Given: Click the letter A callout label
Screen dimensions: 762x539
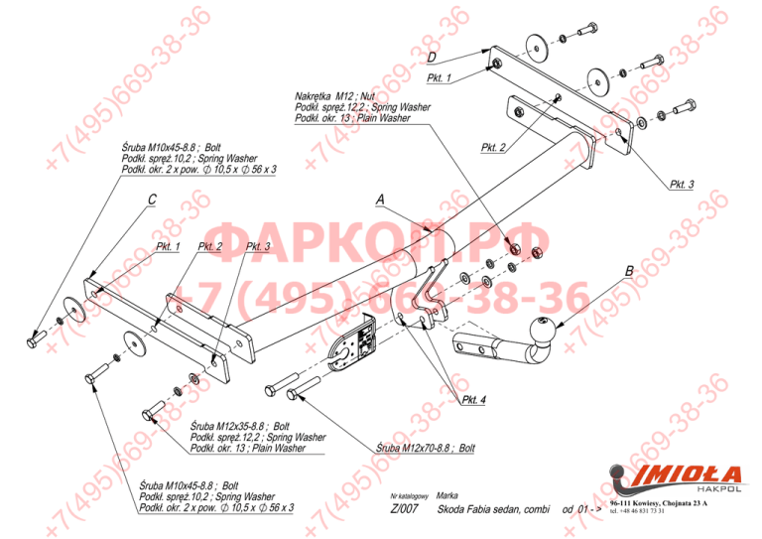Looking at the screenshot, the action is (380, 200).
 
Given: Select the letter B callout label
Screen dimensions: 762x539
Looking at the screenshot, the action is (628, 269).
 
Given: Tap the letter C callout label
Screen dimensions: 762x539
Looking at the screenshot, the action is (151, 200).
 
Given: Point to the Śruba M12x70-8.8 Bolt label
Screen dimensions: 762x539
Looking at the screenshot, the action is (427, 449).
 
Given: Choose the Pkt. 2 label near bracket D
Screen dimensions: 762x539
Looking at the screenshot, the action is (494, 147).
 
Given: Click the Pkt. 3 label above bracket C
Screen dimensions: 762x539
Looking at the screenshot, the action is (258, 246).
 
